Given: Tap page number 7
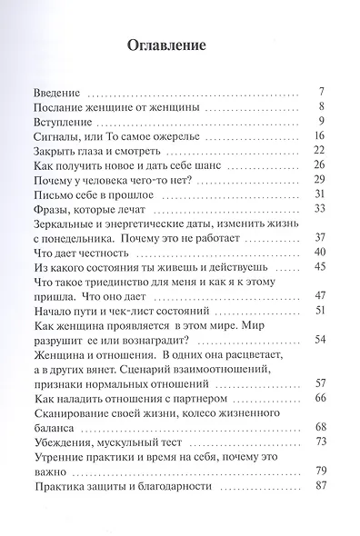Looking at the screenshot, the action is tap(322, 92).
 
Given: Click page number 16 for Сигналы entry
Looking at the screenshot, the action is tap(319, 134).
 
